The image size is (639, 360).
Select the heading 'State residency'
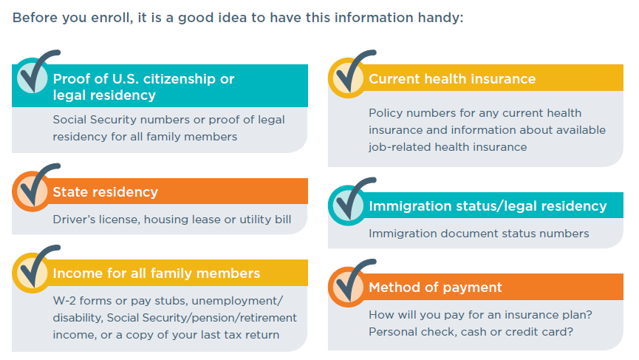pos(105,191)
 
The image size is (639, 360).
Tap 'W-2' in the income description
pos(64,301)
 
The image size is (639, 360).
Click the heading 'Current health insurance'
pos(452,78)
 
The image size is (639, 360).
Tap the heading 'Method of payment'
pos(435,288)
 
